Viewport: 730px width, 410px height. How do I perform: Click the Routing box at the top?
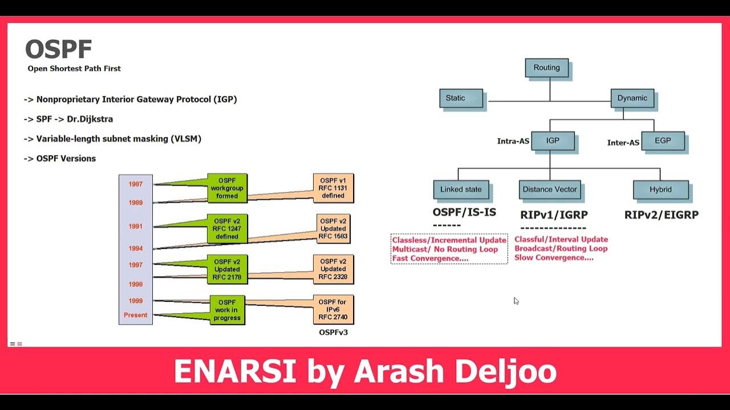[546, 68]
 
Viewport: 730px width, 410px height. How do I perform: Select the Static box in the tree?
[461, 98]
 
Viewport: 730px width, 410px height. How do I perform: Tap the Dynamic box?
[632, 98]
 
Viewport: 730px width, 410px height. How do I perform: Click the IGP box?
[552, 141]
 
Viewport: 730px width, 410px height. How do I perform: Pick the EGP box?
[662, 141]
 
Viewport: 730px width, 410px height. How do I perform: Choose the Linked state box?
[461, 190]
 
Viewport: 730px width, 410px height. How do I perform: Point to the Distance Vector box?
[550, 190]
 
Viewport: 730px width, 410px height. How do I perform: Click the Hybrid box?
[660, 190]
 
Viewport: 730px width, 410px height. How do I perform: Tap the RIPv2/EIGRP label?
[661, 215]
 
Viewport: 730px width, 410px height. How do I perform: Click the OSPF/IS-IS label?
[464, 212]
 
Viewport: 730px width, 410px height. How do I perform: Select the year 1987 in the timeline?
[136, 184]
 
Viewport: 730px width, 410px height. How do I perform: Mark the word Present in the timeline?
[136, 315]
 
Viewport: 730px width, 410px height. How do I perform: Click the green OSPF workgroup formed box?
[227, 188]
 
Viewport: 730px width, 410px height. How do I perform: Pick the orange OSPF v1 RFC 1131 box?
[333, 188]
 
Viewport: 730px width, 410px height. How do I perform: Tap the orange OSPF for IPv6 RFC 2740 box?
[333, 310]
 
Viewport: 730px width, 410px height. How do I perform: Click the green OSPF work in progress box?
[227, 310]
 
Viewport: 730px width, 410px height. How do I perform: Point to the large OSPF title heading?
[59, 50]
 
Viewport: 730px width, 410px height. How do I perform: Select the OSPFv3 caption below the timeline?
[333, 332]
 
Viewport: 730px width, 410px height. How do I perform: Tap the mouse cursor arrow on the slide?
[516, 301]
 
